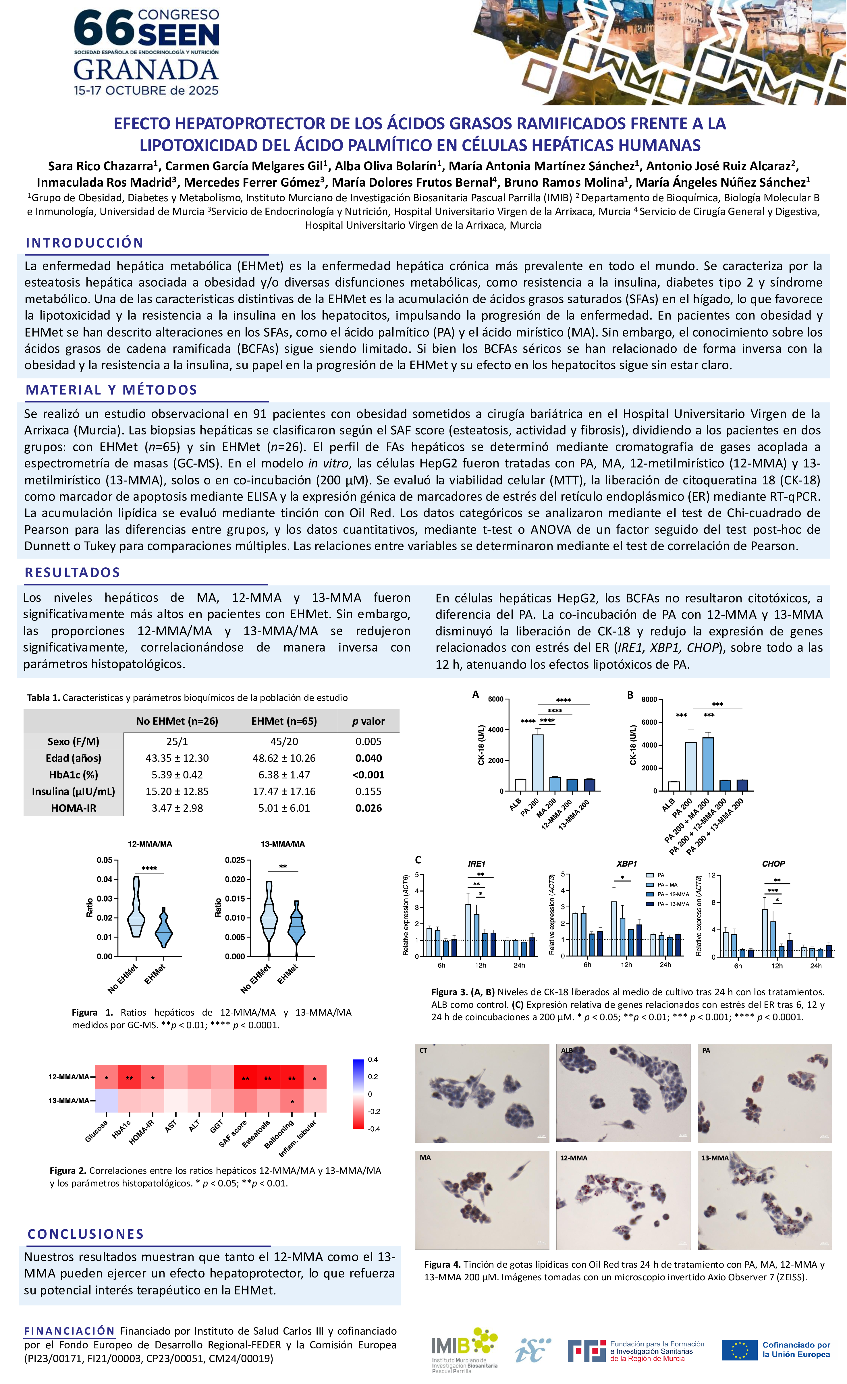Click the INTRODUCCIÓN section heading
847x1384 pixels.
(84, 243)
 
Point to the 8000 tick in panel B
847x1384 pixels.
(649, 699)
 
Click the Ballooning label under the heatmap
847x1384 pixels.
(279, 1134)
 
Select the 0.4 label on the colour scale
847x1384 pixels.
(373, 1059)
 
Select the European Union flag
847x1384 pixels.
(739, 1350)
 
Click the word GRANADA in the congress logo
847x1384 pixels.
(146, 70)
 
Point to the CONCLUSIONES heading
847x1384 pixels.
(86, 1234)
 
